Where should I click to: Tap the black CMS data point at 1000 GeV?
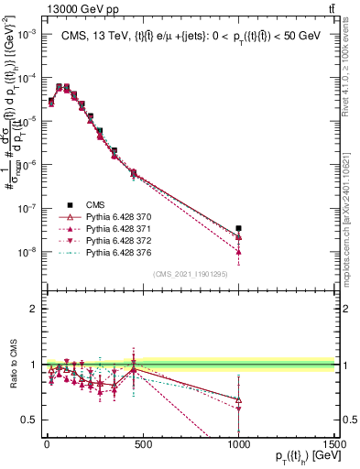point(238,228)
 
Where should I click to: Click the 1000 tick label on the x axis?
point(238,442)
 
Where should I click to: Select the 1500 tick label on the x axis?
point(335,442)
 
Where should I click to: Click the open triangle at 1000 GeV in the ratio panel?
point(238,399)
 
